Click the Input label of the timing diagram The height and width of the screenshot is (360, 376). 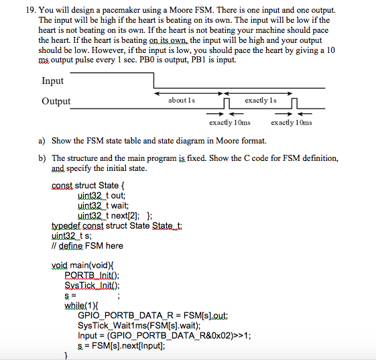pos(52,81)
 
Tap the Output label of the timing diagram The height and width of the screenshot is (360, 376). pos(56,101)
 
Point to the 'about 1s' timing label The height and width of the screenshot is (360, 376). pos(182,100)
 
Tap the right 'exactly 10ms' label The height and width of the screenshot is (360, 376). pos(292,123)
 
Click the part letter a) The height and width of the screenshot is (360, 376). pos(42,141)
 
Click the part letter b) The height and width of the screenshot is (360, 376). pos(42,158)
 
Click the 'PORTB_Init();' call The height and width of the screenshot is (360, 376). pos(90,275)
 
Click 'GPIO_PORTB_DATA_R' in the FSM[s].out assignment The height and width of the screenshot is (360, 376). pos(122,314)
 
